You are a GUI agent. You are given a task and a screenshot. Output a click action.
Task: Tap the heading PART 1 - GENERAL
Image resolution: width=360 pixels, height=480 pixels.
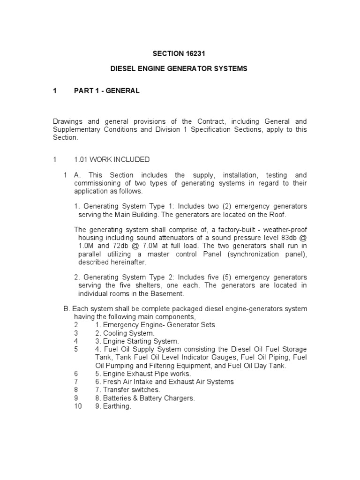click(x=107, y=91)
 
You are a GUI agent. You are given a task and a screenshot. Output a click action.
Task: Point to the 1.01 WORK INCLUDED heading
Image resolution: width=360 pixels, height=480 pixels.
click(x=112, y=160)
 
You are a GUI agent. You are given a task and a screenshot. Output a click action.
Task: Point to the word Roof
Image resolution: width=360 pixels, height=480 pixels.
click(x=277, y=214)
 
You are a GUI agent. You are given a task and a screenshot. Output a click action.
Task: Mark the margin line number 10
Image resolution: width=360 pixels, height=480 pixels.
click(x=78, y=407)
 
